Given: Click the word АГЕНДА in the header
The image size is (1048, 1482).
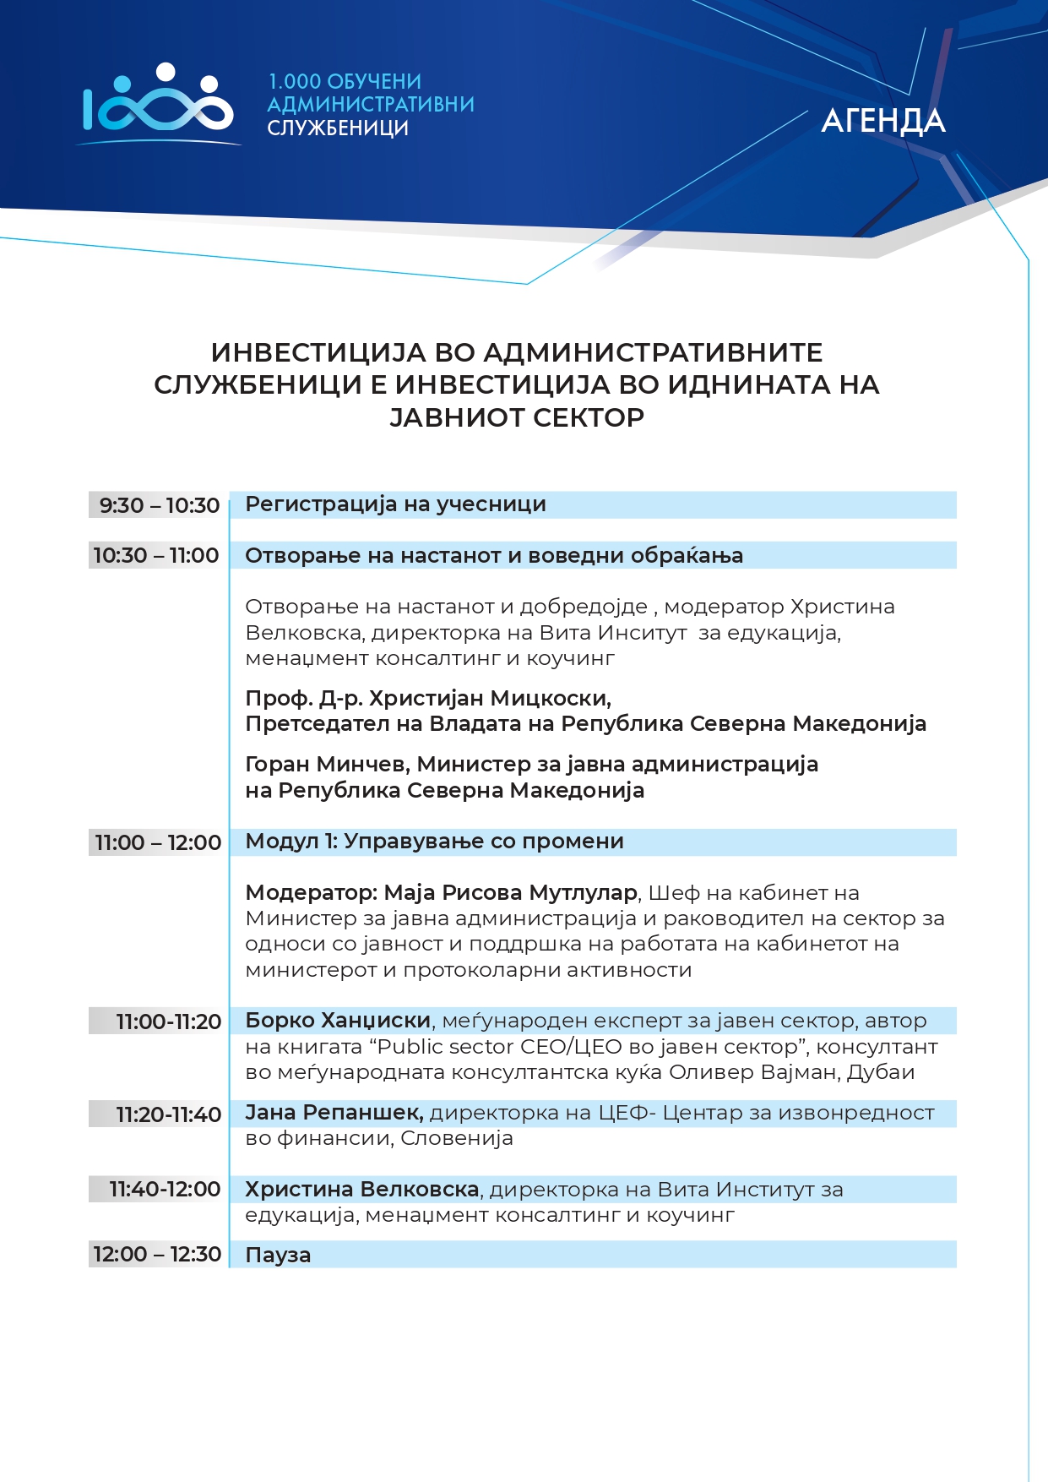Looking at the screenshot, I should (882, 121).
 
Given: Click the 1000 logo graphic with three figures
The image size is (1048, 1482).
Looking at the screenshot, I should (158, 101).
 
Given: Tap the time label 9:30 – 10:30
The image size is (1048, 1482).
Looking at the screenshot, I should (159, 505).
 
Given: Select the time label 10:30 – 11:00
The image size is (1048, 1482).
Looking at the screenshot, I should (156, 555).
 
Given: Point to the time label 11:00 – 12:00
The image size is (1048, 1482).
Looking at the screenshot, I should (158, 842).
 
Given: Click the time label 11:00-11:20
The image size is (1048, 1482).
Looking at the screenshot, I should (168, 1022).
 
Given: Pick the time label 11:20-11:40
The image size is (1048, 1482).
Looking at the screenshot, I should (168, 1114).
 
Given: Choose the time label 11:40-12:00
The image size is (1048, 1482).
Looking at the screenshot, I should (165, 1190).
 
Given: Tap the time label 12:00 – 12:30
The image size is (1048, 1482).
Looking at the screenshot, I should (157, 1255).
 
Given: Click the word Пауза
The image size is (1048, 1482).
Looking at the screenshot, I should (278, 1256).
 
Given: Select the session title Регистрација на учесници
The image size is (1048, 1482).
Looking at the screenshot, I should (395, 504).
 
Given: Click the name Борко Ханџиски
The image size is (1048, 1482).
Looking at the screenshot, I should (338, 1021).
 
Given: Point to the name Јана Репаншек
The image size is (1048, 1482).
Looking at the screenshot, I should (334, 1113).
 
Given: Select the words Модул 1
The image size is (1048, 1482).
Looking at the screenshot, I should (291, 842).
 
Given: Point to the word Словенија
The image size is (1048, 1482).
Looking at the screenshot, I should (457, 1138).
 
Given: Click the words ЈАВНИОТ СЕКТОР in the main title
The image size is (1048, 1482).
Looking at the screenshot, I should (517, 417).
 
